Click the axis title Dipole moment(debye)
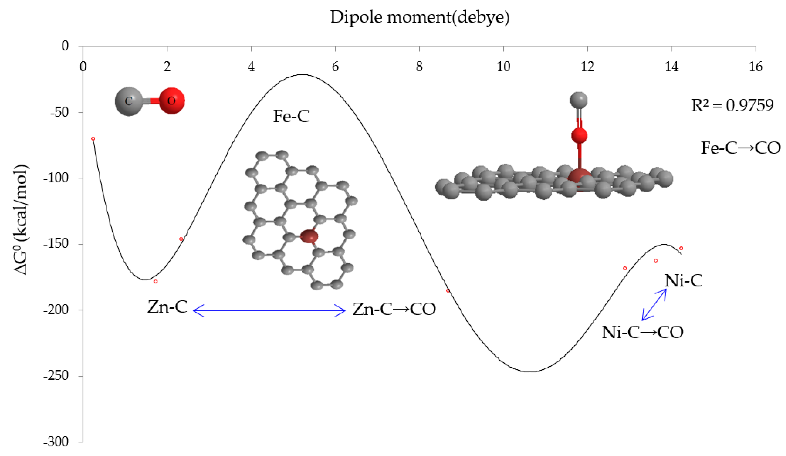point(420,17)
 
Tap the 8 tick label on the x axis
point(419,67)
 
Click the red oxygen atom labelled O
point(171,101)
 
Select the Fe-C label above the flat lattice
point(291,116)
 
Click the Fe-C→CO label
point(741,148)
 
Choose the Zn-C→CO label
point(394,309)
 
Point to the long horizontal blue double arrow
point(269,311)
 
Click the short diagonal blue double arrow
point(654,305)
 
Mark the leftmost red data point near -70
point(93,139)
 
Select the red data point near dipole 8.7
point(448,291)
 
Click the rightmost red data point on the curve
point(681,248)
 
